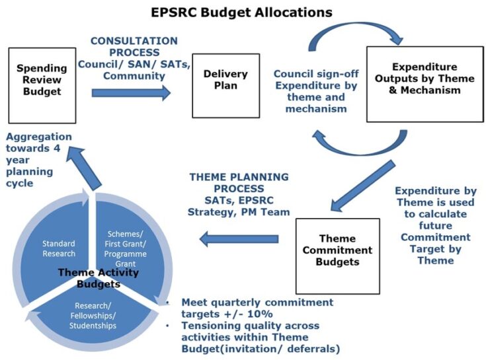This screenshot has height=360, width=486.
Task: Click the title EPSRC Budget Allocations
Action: point(242,12)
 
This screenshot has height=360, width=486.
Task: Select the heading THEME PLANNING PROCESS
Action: point(239,183)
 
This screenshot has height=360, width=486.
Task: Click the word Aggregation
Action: point(38,137)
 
